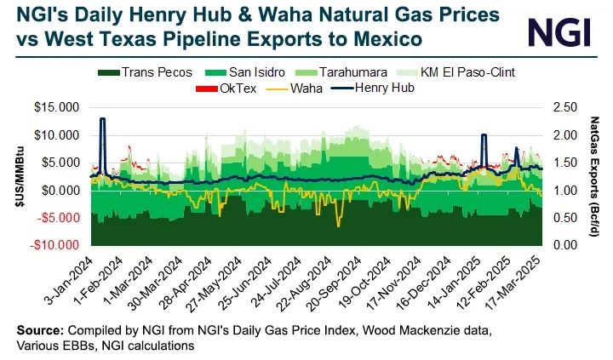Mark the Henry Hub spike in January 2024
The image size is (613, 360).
pos(102,120)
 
